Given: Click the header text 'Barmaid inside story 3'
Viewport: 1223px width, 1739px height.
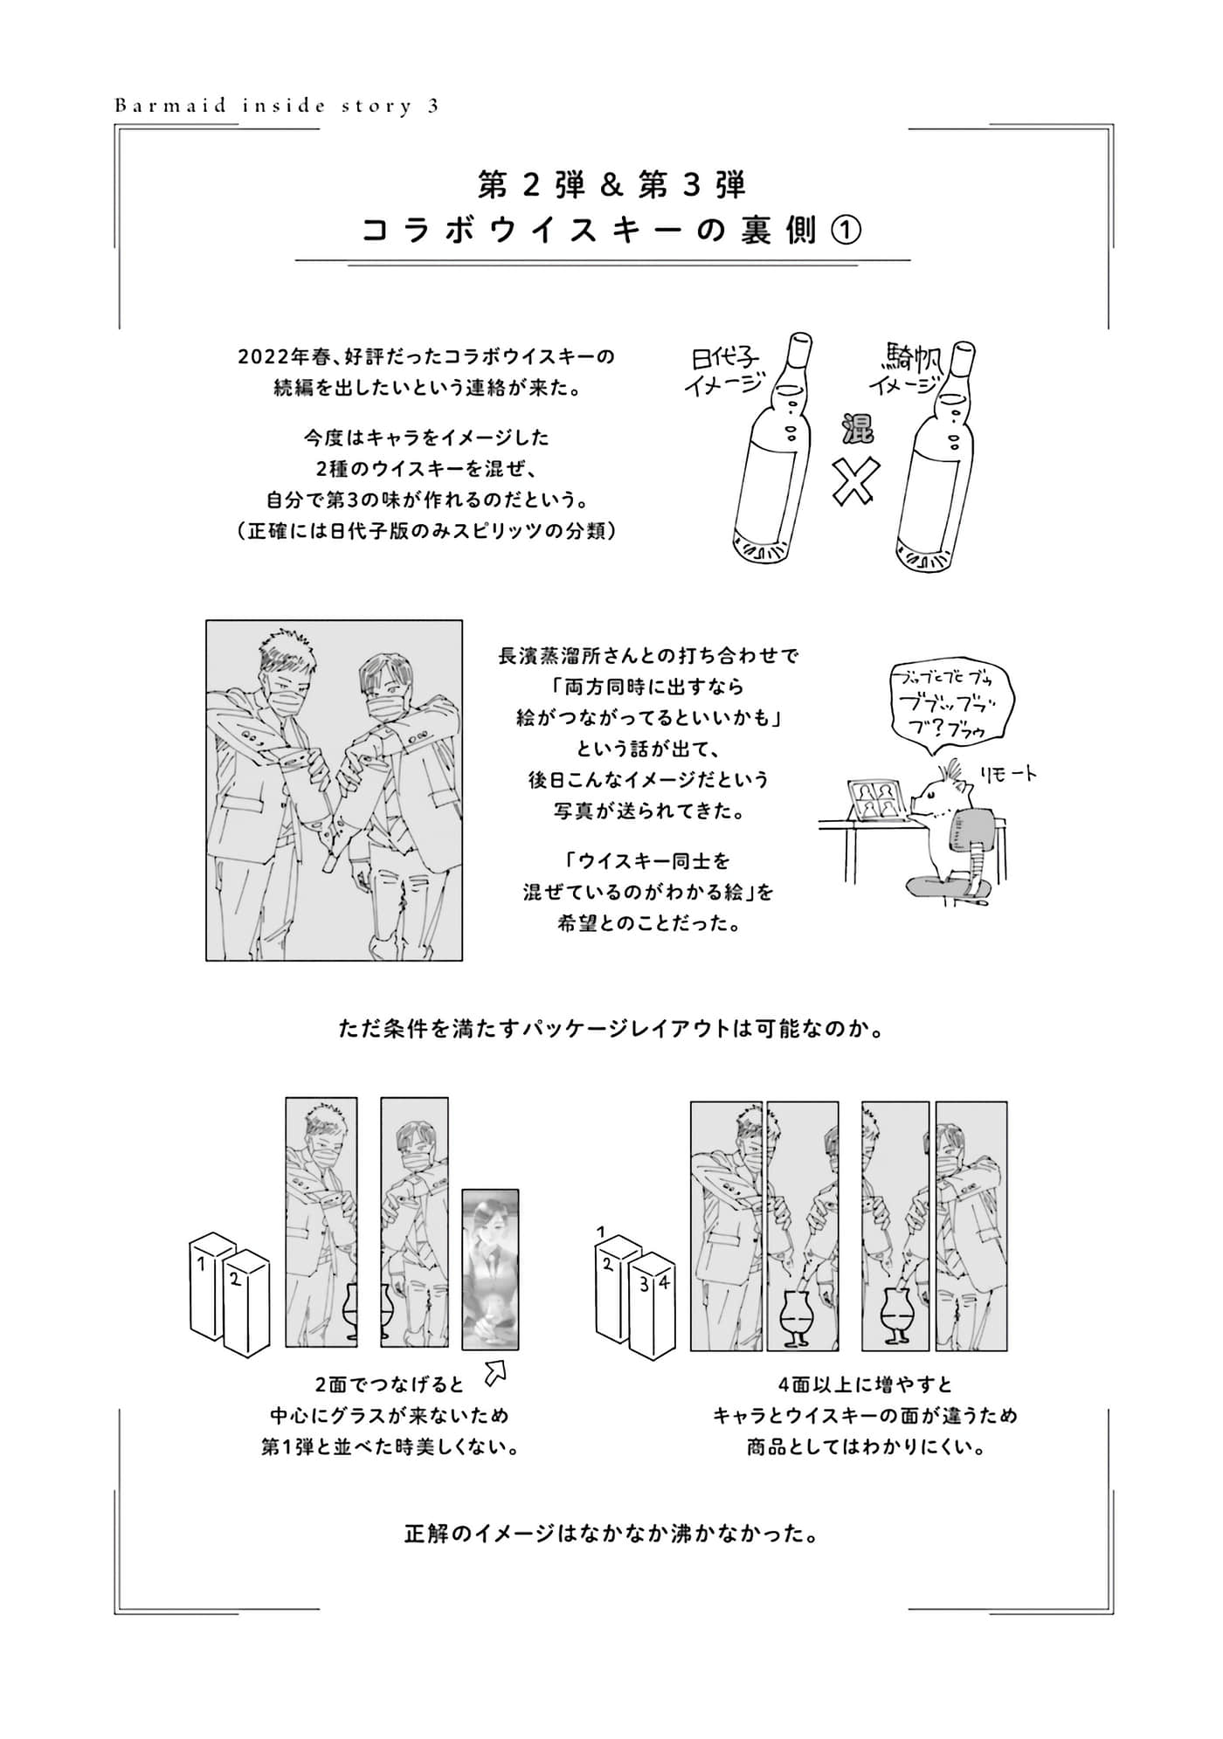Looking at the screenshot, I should (x=276, y=107).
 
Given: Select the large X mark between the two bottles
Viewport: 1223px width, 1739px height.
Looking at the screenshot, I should (x=853, y=480).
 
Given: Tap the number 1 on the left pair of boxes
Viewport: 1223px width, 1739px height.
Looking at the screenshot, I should (x=202, y=1263).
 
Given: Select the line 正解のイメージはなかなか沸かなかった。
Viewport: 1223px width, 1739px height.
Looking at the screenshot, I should (x=611, y=1532).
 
